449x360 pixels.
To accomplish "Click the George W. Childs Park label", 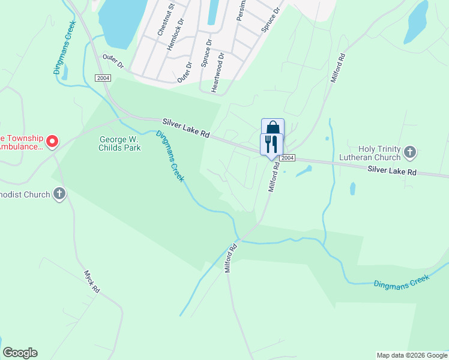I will point(120,143).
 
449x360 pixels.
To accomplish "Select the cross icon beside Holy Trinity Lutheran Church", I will point(410,152).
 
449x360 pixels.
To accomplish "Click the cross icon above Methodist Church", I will point(59,194).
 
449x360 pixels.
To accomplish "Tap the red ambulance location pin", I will point(52,142).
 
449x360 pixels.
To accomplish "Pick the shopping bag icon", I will point(273,127).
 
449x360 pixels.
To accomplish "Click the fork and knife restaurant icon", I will point(271,144).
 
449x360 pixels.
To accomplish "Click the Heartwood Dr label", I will point(217,72).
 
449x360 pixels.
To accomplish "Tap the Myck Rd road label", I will point(91,280).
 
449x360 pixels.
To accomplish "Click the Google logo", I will point(20,353).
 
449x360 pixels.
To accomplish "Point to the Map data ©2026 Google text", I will point(412,355).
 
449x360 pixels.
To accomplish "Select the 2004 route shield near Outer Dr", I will point(103,78).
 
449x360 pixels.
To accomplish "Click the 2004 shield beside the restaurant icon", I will point(288,158).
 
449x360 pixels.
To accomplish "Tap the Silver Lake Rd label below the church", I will point(392,172).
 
